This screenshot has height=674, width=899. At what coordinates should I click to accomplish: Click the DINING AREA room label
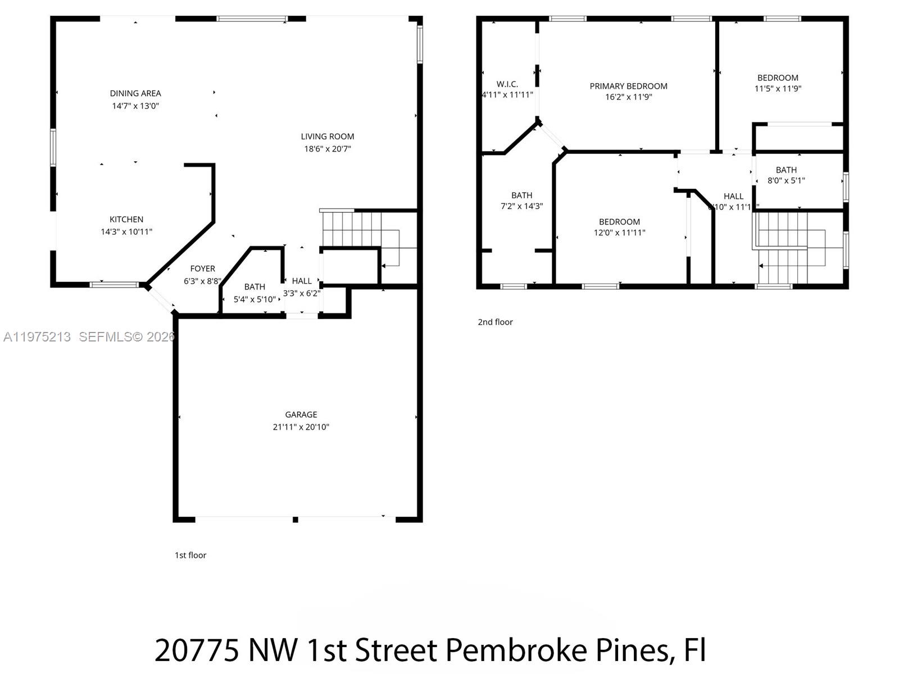tap(135, 93)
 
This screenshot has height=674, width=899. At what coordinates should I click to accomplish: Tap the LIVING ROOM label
tap(328, 136)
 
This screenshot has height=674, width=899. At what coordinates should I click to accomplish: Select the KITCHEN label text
tap(126, 220)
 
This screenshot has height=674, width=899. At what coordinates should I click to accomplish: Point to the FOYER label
tap(202, 269)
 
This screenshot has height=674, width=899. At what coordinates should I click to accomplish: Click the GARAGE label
tap(301, 415)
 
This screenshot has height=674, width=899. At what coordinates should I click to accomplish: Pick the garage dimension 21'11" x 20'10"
tap(301, 427)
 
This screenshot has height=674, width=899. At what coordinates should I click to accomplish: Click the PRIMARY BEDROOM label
tap(628, 86)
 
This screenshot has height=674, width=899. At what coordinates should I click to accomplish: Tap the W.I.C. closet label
tap(507, 84)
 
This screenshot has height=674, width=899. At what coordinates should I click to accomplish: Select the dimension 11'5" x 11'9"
tap(778, 89)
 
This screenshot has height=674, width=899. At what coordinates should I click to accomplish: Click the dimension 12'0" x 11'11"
tap(619, 233)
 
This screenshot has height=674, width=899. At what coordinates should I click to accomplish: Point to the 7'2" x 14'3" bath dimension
tap(521, 206)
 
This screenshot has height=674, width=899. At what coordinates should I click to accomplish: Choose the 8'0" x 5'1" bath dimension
tap(786, 181)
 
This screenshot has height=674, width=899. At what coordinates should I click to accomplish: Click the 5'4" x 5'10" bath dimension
tap(255, 299)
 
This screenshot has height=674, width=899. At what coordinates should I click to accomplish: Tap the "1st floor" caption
tap(190, 555)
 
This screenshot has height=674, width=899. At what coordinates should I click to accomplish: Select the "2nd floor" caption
tap(495, 322)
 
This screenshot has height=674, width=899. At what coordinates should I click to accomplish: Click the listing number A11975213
tap(37, 337)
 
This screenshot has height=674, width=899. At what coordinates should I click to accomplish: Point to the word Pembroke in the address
tap(516, 650)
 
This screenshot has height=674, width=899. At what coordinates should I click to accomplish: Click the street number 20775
tap(197, 650)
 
